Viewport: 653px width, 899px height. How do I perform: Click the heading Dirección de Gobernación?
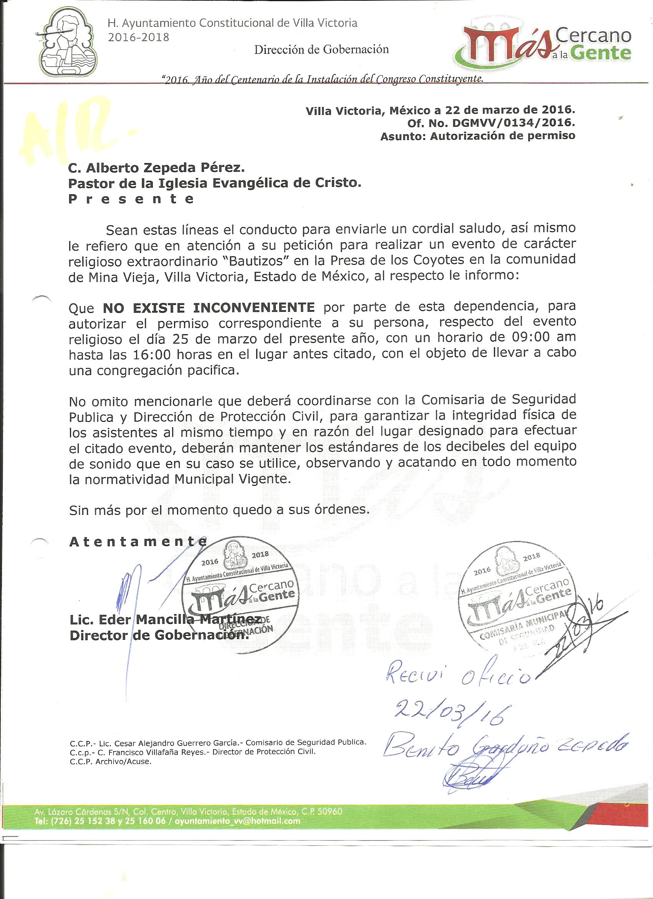[321, 49]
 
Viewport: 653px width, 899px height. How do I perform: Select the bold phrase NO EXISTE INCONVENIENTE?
[209, 306]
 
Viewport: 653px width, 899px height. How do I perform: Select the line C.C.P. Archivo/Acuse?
[111, 761]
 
